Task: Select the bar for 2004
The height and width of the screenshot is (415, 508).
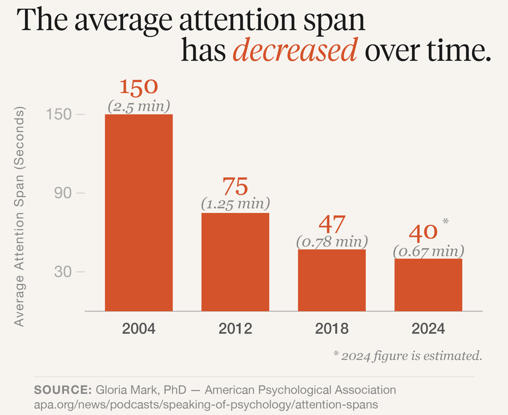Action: [139, 213]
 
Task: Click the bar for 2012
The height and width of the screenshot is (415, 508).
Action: [235, 262]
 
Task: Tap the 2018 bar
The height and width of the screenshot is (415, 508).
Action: [332, 280]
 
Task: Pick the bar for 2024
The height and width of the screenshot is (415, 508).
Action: [428, 285]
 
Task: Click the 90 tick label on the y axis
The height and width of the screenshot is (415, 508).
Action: [63, 193]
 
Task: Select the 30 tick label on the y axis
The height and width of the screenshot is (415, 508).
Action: [63, 272]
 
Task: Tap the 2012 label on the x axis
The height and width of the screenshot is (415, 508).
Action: [235, 329]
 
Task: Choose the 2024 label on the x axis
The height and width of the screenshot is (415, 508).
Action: [428, 329]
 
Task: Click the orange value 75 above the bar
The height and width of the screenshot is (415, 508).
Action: [235, 186]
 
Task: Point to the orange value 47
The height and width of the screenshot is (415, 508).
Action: [332, 224]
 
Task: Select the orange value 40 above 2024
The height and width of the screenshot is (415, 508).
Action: [423, 233]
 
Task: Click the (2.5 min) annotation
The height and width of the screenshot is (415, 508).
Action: [139, 106]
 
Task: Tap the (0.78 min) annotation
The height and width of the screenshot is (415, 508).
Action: [332, 241]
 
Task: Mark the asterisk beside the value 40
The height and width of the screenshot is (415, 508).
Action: [446, 221]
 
